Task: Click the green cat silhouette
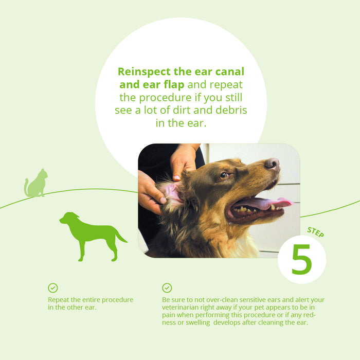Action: [36, 184]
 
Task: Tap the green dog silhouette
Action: [90, 234]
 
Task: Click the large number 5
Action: [301, 260]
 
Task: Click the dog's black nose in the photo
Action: [273, 164]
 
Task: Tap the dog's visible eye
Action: [224, 175]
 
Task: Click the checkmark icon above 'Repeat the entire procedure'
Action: [53, 288]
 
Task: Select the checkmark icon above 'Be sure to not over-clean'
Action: [167, 288]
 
